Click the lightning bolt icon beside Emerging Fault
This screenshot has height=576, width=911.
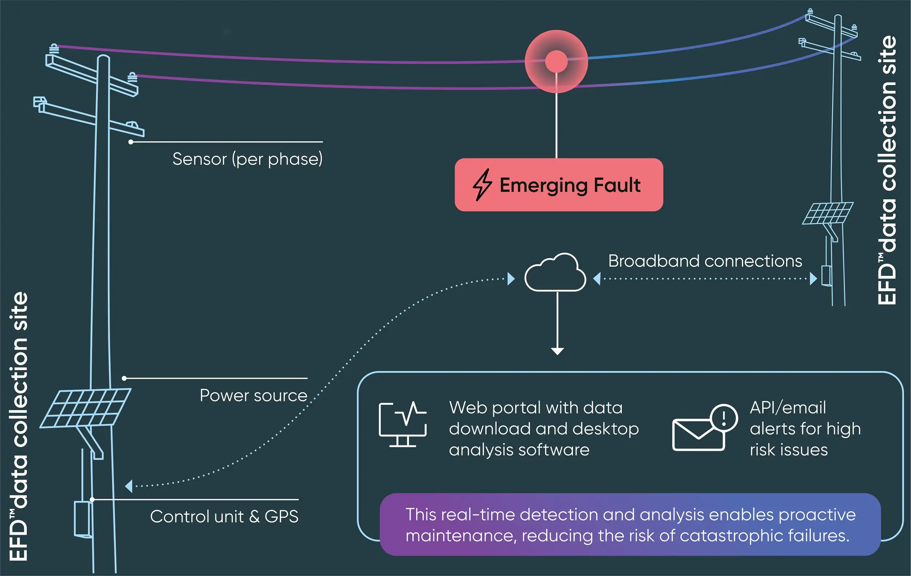482,185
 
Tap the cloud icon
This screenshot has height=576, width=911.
555,273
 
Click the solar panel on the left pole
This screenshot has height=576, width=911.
86,408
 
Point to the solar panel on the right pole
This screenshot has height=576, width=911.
828,213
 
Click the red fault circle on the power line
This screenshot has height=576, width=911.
556,61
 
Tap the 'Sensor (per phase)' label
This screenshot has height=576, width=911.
247,159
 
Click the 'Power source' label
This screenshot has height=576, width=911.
254,396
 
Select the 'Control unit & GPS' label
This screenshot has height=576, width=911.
224,517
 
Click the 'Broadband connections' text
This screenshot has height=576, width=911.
705,261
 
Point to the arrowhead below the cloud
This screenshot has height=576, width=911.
557,351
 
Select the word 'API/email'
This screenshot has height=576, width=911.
788,408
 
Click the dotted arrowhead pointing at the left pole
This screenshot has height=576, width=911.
129,486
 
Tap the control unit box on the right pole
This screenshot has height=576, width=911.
826,276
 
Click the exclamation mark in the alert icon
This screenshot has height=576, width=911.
724,419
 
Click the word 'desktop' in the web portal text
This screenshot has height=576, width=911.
606,429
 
